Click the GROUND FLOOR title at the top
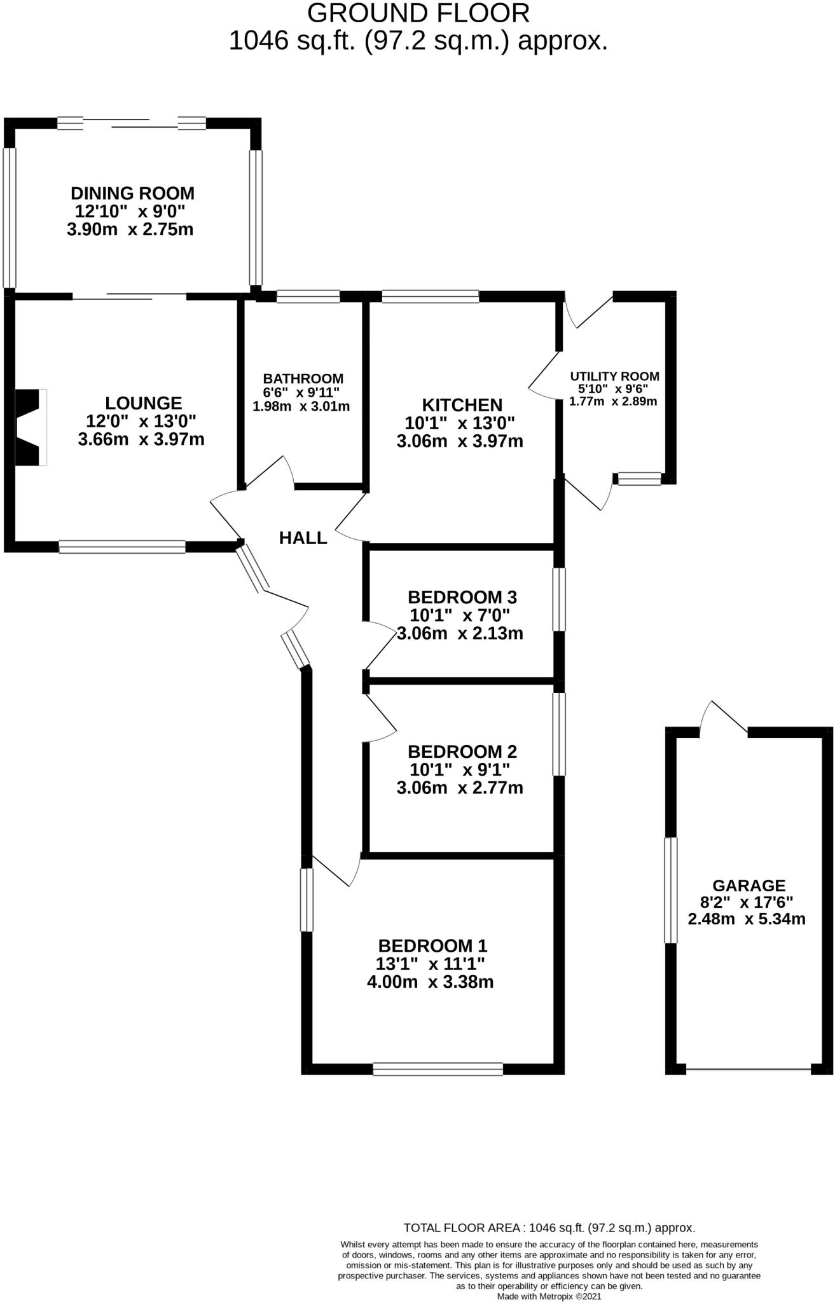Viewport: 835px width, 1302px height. (x=418, y=13)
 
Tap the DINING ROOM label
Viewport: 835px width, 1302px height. (x=132, y=193)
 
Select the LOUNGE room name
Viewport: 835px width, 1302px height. (x=143, y=402)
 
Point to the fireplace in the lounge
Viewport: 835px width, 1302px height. (x=31, y=427)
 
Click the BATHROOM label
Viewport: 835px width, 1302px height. (x=303, y=379)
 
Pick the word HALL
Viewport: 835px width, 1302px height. (x=303, y=538)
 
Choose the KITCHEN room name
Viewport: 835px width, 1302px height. (x=462, y=404)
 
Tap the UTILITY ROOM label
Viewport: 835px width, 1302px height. (x=614, y=376)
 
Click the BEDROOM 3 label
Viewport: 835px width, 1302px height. (x=462, y=597)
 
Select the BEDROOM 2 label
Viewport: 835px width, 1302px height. (x=462, y=751)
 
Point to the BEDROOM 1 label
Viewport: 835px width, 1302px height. (x=433, y=945)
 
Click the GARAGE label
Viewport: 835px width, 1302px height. (x=749, y=885)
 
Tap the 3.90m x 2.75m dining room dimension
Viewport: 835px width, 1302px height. (x=130, y=230)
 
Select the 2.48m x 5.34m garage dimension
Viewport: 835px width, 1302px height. (x=747, y=919)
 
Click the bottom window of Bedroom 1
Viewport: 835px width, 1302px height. (x=438, y=1069)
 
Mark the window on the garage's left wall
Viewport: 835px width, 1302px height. (x=671, y=890)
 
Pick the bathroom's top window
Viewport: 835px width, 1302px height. (x=308, y=296)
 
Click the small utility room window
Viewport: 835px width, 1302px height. (x=639, y=479)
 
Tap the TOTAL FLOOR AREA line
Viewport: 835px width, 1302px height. (x=549, y=1228)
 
